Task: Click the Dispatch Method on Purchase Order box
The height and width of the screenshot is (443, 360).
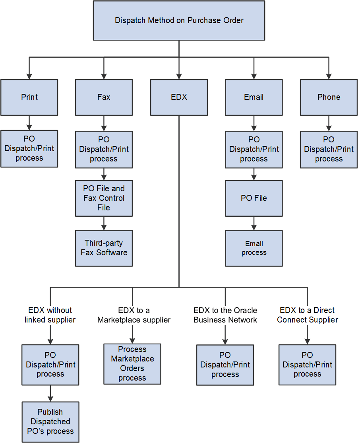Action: click(x=179, y=20)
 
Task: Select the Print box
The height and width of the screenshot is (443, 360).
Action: click(x=29, y=97)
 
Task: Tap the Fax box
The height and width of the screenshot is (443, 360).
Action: click(x=104, y=97)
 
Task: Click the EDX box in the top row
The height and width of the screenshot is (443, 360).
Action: click(x=179, y=97)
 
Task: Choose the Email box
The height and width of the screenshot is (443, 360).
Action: click(x=254, y=97)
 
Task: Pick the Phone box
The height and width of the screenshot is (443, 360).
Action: click(x=329, y=97)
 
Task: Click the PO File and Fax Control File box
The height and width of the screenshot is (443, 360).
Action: click(x=104, y=198)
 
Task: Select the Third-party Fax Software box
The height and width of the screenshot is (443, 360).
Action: click(x=104, y=248)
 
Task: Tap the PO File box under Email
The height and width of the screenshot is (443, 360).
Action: click(x=254, y=198)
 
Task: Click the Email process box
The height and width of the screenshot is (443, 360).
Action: click(x=254, y=248)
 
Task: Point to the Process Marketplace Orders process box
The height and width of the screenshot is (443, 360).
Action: click(x=132, y=364)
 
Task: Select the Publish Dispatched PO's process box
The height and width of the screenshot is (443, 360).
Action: click(x=50, y=422)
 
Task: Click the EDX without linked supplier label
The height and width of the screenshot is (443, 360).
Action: click(x=50, y=315)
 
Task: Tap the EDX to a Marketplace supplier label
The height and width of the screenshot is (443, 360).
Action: click(x=134, y=315)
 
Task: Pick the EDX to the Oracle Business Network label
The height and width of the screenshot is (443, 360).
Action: click(x=225, y=315)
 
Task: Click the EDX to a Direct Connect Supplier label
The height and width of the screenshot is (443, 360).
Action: click(x=308, y=315)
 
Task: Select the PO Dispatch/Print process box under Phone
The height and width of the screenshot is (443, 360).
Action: click(x=329, y=149)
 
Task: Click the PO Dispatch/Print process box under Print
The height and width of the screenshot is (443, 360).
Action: click(x=29, y=148)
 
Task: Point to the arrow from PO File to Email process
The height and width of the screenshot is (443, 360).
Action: click(x=254, y=223)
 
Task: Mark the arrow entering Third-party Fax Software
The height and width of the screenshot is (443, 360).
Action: click(x=104, y=223)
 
